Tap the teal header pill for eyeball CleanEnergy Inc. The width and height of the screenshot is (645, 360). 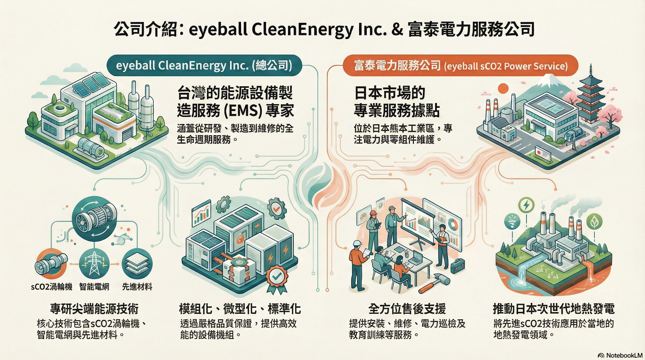(x=204, y=65)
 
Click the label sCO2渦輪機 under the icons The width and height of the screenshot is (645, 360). (x=52, y=287)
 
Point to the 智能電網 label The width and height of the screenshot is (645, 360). (x=94, y=287)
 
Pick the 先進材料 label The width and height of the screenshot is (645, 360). (x=137, y=287)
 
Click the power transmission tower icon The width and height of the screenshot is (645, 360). (x=94, y=264)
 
